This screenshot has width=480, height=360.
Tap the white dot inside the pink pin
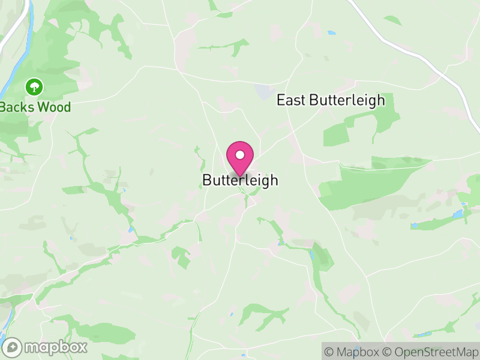[240, 155]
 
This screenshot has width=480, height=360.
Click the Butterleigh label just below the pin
[240, 180]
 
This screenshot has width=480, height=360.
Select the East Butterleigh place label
[331, 100]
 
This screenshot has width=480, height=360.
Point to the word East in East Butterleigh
[291, 100]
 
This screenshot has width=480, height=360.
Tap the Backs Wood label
[35, 107]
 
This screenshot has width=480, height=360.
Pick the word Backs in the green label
[17, 107]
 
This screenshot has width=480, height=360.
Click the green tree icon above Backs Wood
[34, 88]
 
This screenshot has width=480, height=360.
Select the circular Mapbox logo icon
[13, 347]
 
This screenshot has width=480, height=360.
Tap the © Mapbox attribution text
[354, 352]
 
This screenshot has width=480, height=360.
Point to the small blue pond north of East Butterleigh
[331, 32]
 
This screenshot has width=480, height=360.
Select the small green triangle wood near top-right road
[393, 20]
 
